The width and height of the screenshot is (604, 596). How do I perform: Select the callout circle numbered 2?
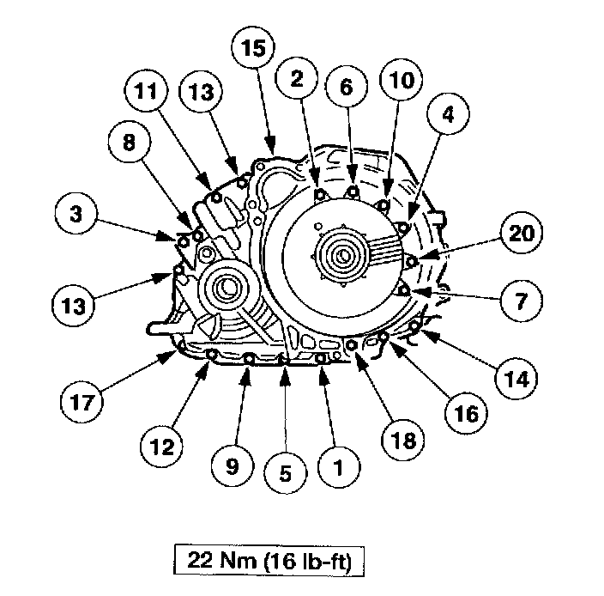pyautogui.click(x=297, y=79)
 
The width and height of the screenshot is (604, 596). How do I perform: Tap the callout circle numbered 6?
pyautogui.click(x=346, y=86)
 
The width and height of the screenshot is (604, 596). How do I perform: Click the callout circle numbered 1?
pyautogui.click(x=337, y=469)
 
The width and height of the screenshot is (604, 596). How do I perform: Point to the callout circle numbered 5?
pyautogui.click(x=285, y=471)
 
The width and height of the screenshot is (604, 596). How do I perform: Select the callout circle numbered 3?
pyautogui.click(x=77, y=214)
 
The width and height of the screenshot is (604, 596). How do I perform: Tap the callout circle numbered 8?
pyautogui.click(x=129, y=143)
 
